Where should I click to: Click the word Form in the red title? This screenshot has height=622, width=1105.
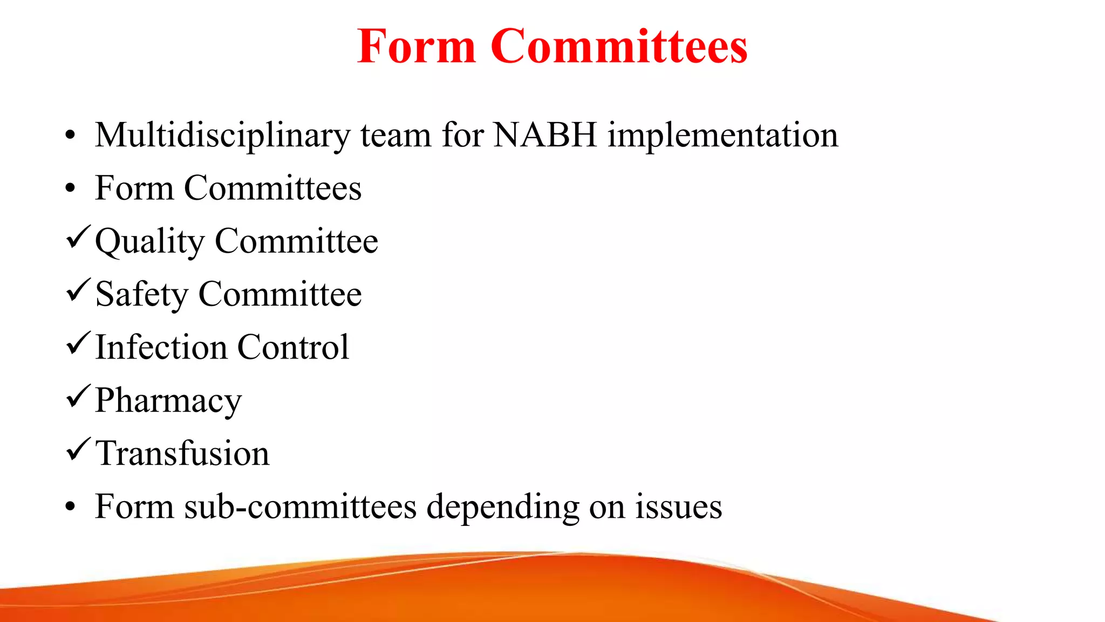tap(416, 46)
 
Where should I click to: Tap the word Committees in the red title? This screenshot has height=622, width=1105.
tap(619, 46)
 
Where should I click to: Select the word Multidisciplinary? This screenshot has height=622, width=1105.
tap(223, 135)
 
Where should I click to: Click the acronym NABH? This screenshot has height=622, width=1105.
tap(545, 135)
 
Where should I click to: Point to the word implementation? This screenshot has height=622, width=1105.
tap(723, 135)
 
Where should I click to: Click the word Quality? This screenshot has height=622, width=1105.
tap(150, 241)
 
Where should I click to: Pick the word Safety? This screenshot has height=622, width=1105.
tap(141, 295)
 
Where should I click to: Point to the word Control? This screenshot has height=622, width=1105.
tap(293, 347)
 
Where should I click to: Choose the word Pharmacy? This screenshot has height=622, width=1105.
tap(168, 401)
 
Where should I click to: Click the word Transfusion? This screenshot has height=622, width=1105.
tap(182, 453)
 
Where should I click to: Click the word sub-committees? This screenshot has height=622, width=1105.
tap(301, 506)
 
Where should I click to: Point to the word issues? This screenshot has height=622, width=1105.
tap(678, 506)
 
